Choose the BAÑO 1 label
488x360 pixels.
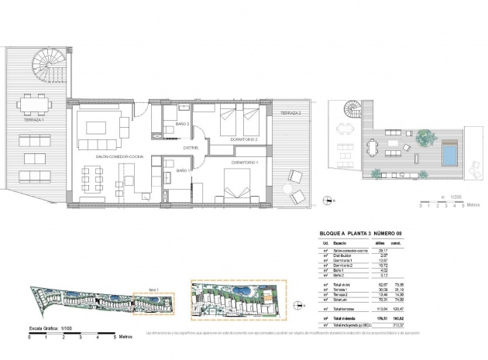183,170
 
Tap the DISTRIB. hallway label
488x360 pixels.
192,147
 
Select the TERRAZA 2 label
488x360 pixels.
290,113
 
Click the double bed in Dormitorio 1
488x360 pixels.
235,188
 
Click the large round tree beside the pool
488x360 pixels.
424,137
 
